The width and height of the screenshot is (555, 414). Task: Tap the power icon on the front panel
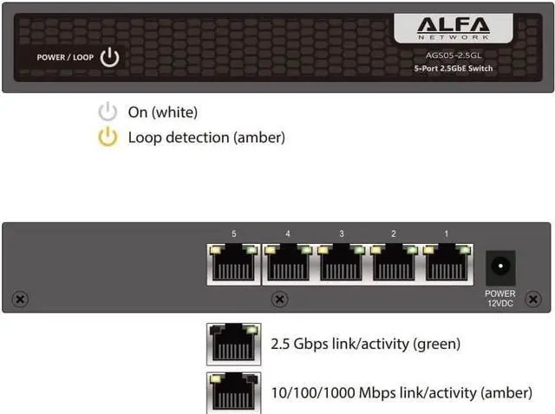pyautogui.click(x=109, y=58)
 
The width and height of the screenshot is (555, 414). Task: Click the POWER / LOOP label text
pyautogui.click(x=66, y=58)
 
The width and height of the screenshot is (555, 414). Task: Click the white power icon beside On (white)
pyautogui.click(x=108, y=112)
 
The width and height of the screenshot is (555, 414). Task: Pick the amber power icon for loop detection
pyautogui.click(x=108, y=137)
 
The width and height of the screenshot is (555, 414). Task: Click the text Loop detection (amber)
pyautogui.click(x=206, y=137)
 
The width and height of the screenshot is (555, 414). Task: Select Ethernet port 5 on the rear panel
pyautogui.click(x=233, y=263)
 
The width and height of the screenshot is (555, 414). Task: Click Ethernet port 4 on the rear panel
pyautogui.click(x=288, y=263)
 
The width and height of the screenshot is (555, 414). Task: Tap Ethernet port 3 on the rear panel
pyautogui.click(x=342, y=263)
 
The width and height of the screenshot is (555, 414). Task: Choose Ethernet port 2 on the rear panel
pyautogui.click(x=395, y=263)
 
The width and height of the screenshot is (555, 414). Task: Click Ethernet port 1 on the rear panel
pyautogui.click(x=447, y=263)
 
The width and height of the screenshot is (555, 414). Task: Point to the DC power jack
pyautogui.click(x=500, y=266)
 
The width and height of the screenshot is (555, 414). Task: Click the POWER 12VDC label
pyautogui.click(x=500, y=299)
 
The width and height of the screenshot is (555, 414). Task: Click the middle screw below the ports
pyautogui.click(x=279, y=299)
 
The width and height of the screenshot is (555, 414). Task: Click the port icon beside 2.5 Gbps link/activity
pyautogui.click(x=233, y=345)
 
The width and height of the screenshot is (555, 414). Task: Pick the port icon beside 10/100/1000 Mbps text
pyautogui.click(x=233, y=392)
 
